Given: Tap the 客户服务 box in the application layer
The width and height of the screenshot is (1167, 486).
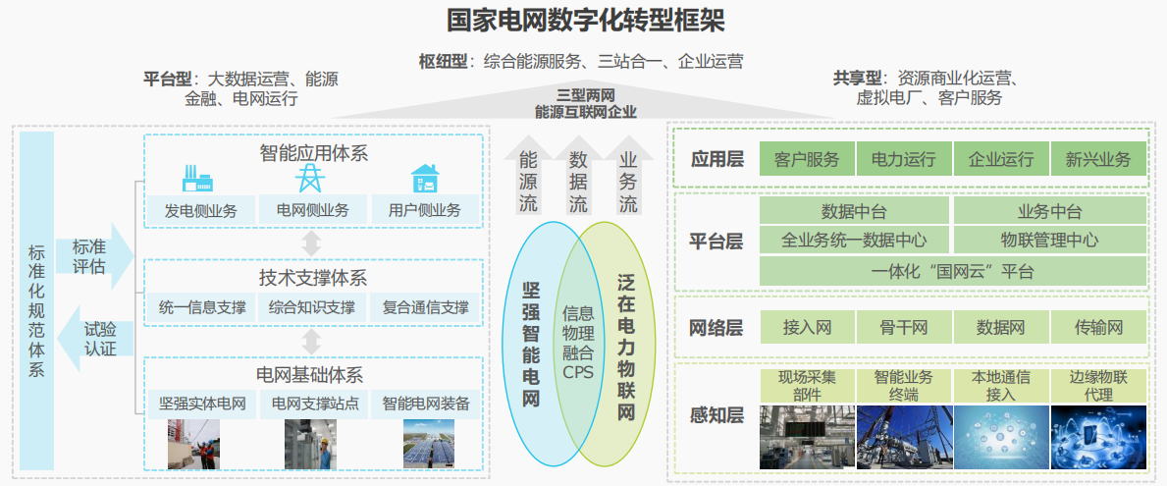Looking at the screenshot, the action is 807,158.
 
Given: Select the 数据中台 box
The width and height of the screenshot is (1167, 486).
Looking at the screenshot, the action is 855,211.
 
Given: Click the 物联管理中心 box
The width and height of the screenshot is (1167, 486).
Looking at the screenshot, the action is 1049,241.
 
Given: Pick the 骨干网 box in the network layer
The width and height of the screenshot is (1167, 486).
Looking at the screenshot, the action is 904,328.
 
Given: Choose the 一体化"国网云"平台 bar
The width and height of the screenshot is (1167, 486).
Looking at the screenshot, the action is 953,271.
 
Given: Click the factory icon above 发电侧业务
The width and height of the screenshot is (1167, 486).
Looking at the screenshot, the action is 198,179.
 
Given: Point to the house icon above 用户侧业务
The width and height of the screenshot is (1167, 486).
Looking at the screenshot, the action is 425,179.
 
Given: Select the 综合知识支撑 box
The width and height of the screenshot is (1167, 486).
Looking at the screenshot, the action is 312,306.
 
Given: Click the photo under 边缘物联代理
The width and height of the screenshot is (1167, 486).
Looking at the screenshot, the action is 1097,438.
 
